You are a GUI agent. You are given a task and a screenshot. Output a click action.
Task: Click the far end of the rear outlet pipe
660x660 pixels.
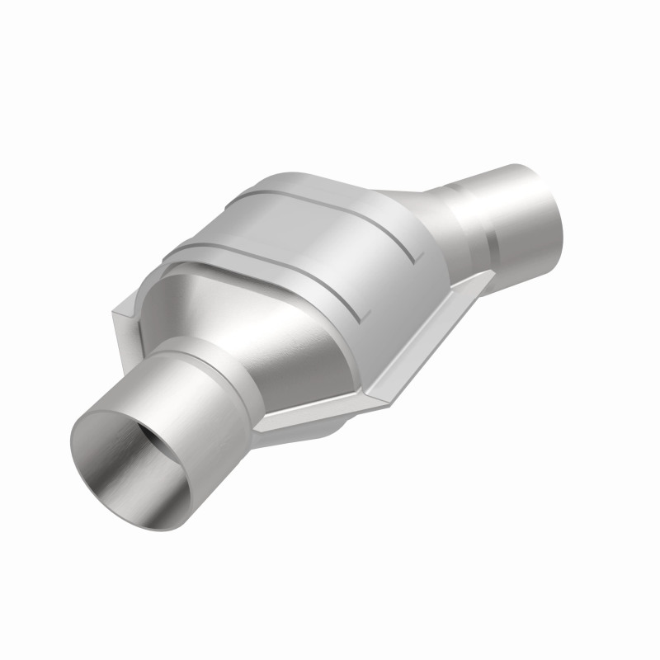(536, 214)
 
